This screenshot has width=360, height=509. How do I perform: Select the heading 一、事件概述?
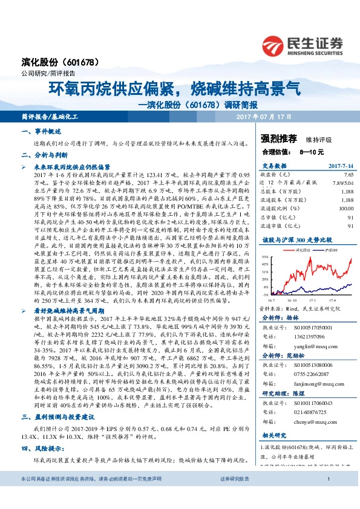42,131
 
